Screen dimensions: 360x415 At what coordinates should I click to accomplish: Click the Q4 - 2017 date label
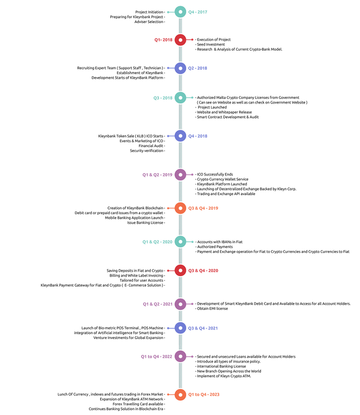[x=197, y=12]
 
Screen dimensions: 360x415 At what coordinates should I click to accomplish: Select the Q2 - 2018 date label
[x=197, y=68]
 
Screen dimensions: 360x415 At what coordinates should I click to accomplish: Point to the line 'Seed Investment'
[x=211, y=44]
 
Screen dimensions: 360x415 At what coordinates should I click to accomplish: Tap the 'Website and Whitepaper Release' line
[x=224, y=112]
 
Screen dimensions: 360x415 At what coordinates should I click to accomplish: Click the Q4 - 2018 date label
[x=198, y=136]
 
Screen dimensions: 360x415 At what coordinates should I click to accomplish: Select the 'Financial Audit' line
[x=151, y=146]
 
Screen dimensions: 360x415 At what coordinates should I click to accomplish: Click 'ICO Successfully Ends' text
[x=215, y=174]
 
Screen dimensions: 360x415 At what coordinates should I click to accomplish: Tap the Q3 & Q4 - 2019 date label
[x=203, y=208]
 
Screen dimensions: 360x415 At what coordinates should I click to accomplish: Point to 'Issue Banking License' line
[x=145, y=223]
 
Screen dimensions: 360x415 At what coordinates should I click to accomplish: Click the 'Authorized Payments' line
[x=215, y=247]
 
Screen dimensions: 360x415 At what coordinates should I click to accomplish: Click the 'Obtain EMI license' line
[x=212, y=309]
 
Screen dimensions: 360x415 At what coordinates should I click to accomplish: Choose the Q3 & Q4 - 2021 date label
[x=202, y=328]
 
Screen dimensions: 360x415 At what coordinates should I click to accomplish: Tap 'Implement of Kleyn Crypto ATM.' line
[x=224, y=376]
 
